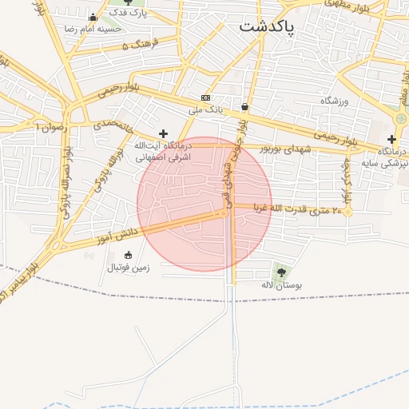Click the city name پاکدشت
[267, 27]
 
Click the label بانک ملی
[205, 109]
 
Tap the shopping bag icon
[244, 106]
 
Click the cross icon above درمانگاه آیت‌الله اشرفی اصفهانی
[164, 133]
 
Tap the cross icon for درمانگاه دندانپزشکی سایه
[391, 139]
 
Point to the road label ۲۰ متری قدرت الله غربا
[297, 208]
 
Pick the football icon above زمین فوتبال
[128, 255]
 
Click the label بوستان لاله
[280, 284]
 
